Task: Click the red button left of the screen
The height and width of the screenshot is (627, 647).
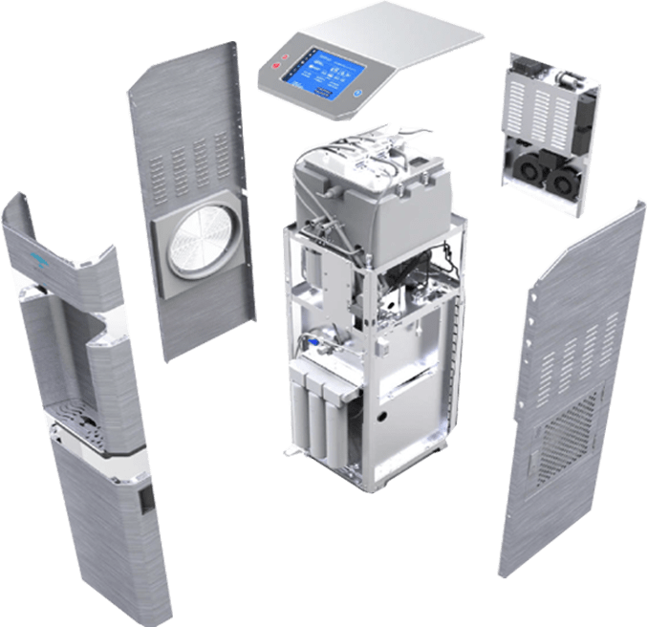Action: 278,66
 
